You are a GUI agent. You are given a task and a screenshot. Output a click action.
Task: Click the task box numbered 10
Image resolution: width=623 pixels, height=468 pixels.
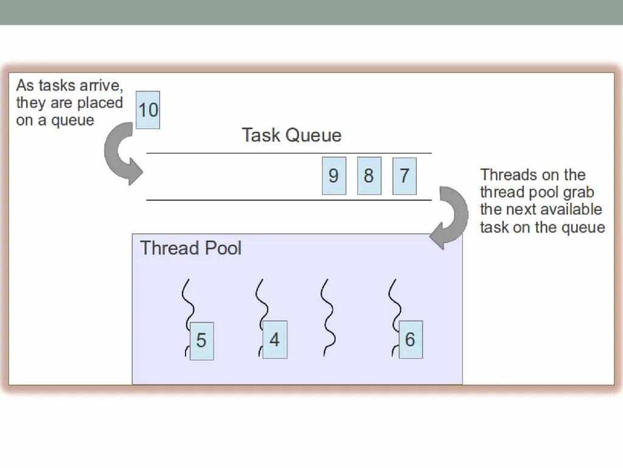[148, 110]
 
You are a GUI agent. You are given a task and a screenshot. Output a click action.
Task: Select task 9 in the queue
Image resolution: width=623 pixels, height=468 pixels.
[333, 176]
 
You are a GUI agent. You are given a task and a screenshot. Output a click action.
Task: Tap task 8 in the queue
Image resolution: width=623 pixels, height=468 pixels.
[369, 176]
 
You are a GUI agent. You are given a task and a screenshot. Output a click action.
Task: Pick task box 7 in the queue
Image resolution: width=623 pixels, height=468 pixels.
[405, 176]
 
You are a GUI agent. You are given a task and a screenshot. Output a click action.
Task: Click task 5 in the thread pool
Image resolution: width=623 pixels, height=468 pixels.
[201, 341]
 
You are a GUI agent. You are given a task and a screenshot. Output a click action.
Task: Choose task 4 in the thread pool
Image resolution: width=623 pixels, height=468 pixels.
[274, 340]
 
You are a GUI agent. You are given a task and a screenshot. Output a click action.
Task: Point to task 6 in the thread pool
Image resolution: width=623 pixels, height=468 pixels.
[410, 340]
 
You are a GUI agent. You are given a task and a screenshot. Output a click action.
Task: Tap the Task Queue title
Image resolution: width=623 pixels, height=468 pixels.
[291, 135]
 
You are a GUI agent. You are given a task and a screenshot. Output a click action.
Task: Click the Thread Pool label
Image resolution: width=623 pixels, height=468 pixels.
[190, 248]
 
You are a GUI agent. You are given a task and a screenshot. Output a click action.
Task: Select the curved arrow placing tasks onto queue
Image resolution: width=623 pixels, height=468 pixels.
[122, 153]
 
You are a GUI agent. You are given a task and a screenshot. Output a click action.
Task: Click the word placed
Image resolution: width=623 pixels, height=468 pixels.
[100, 102]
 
